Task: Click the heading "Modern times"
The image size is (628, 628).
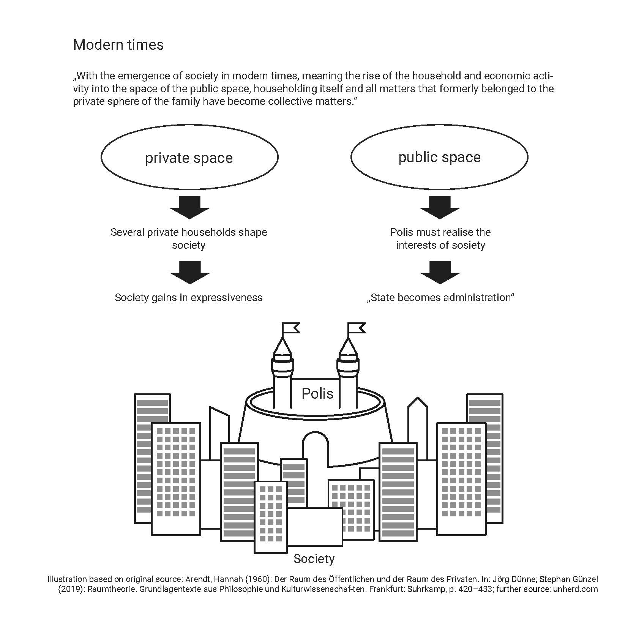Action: click(118, 45)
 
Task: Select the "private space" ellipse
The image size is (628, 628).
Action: click(189, 158)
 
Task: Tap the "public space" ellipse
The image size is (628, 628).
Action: click(439, 157)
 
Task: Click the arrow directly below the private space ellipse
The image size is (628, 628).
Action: click(189, 208)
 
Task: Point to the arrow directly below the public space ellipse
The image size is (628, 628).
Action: click(440, 208)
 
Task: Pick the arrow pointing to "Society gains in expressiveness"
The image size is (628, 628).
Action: click(189, 272)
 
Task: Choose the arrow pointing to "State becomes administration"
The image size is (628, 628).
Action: click(440, 272)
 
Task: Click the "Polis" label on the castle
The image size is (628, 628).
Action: click(317, 394)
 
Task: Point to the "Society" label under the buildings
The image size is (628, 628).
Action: click(314, 559)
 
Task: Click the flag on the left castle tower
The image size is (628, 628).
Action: click(290, 328)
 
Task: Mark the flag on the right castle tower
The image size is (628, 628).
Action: click(356, 328)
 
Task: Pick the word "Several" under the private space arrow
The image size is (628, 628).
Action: click(124, 232)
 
